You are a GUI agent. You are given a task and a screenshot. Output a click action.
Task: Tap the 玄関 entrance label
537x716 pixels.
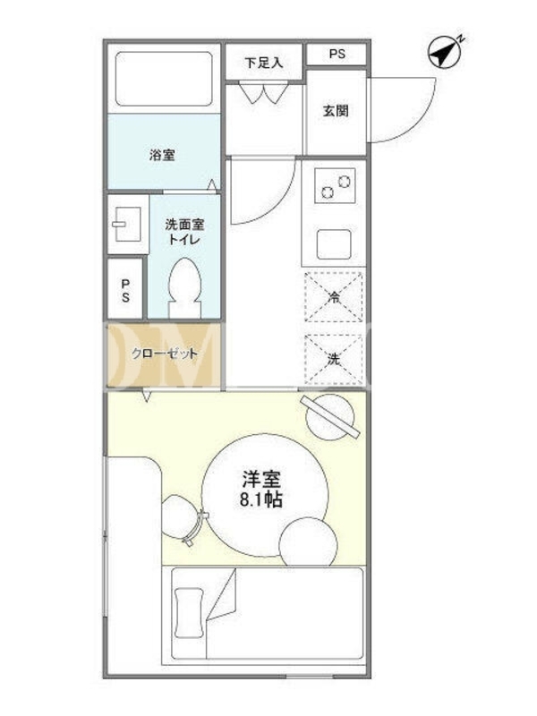336,111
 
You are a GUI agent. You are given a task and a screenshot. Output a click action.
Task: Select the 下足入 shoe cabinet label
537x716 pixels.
264,63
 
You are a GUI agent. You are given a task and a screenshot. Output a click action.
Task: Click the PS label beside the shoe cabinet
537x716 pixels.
337,54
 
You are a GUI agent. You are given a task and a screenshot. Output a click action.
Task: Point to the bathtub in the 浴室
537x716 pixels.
164,79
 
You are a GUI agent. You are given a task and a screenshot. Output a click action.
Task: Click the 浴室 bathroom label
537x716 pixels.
162,155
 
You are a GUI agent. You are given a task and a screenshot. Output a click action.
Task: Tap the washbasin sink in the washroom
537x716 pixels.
127,224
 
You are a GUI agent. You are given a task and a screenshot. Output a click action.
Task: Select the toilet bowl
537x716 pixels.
184,287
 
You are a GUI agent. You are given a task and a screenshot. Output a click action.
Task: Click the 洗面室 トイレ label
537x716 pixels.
184,232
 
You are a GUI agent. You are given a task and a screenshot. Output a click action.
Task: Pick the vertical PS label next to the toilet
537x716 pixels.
125,291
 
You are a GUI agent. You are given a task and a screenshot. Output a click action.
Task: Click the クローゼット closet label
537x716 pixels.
165,354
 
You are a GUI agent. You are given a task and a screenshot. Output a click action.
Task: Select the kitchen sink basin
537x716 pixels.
334,244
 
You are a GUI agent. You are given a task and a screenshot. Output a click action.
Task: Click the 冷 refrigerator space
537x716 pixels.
334,297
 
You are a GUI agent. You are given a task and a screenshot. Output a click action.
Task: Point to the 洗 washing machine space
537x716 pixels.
334,359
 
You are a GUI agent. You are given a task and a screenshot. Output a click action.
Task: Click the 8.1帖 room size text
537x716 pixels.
261,500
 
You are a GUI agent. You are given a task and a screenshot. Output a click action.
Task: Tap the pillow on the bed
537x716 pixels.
189,612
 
